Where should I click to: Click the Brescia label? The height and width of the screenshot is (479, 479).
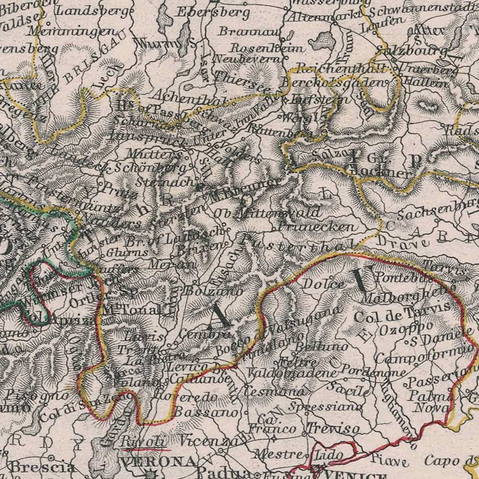tap(43, 468)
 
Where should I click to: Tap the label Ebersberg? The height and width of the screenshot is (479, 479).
tap(212, 12)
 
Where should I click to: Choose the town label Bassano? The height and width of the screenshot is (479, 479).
tap(205, 411)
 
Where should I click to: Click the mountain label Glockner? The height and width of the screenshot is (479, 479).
tap(380, 173)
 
